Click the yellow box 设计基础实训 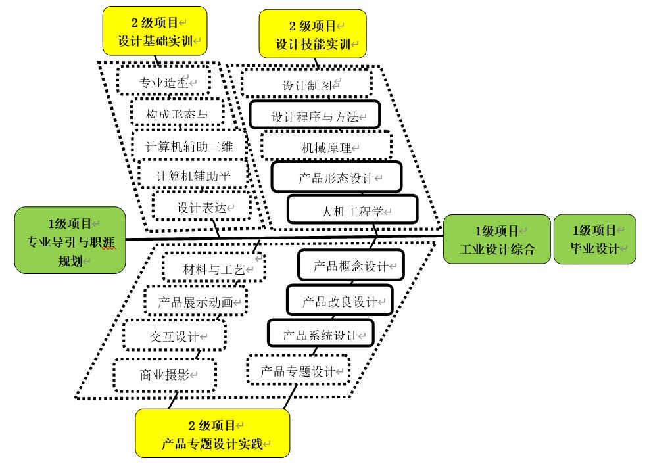155,31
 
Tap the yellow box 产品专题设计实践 212,433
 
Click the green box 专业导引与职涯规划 70,240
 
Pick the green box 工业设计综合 496,239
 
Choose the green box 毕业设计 594,239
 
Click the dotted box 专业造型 164,81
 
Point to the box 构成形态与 177,113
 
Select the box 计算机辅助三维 188,145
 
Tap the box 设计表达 201,206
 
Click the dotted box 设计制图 306,84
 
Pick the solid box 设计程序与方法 315,116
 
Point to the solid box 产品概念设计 350,266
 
